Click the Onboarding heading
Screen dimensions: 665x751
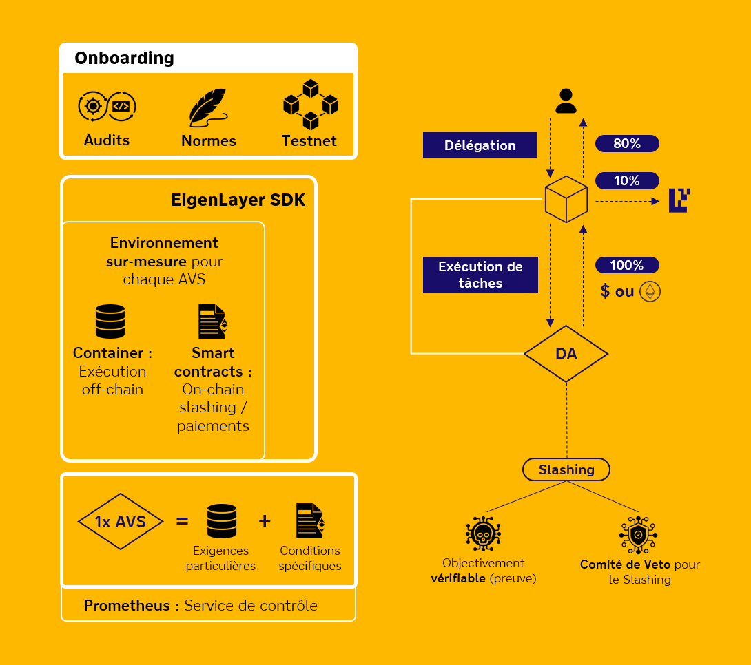tap(124, 59)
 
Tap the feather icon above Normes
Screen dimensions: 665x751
tap(208, 107)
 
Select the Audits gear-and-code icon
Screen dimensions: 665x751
tap(107, 107)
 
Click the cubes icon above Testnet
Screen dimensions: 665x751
tap(310, 105)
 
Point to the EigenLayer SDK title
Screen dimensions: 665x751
tap(238, 200)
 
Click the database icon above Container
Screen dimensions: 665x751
tap(110, 321)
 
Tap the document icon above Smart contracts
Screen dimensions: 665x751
tap(213, 321)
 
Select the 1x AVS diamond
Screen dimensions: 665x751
tap(121, 521)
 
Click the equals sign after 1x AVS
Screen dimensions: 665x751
tap(182, 521)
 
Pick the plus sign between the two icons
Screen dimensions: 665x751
tap(265, 521)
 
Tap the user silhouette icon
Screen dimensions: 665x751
tap(566, 101)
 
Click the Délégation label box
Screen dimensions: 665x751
tap(480, 145)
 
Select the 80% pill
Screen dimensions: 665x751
tap(627, 144)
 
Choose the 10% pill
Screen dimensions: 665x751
tap(627, 180)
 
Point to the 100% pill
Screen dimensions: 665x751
tap(627, 265)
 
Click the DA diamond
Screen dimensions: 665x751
tap(566, 354)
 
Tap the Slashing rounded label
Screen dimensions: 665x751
tap(566, 469)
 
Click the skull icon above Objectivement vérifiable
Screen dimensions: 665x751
tap(483, 534)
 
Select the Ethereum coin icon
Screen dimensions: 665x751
tap(650, 292)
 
